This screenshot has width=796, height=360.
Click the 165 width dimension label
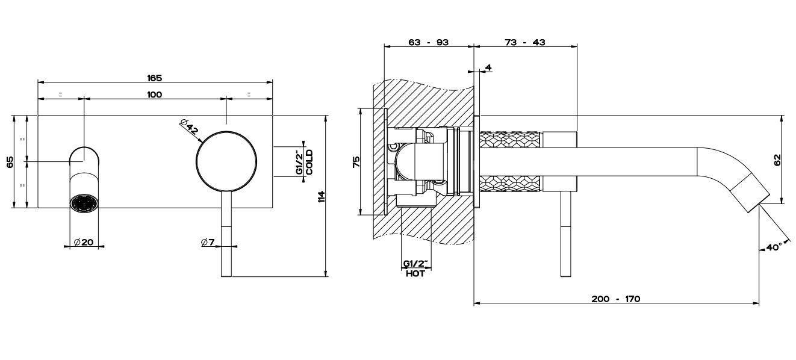(154, 78)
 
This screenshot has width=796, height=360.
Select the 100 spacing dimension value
(155, 94)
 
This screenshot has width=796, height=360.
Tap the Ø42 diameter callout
(188, 126)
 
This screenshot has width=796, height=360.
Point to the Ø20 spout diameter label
(84, 242)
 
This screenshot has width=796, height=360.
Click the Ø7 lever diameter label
(208, 242)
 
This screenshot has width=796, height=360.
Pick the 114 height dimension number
(321, 196)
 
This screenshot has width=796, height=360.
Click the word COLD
(309, 162)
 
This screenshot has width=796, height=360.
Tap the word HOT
(415, 273)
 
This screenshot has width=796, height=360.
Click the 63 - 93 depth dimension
(428, 42)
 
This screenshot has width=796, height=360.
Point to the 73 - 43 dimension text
(525, 42)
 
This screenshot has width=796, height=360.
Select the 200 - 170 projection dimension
(616, 299)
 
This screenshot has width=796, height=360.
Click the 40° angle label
(774, 247)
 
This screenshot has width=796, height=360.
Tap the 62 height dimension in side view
(777, 160)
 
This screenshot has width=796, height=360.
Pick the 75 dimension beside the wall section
(356, 162)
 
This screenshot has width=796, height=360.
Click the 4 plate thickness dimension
(488, 67)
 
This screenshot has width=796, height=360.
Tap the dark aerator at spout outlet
(84, 203)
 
